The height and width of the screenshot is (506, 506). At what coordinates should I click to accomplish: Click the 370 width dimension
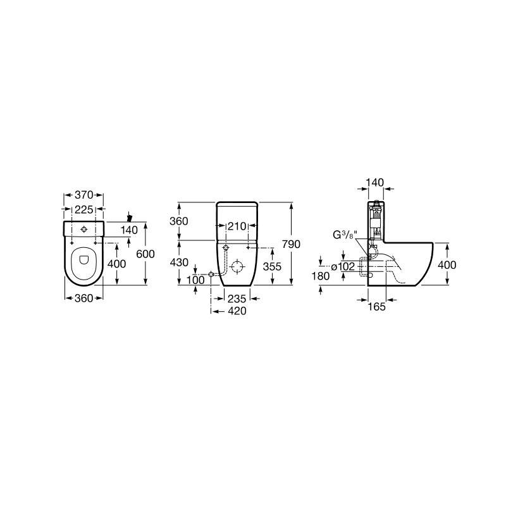coord(84,195)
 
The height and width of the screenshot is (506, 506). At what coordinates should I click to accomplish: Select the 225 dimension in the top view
coord(84,209)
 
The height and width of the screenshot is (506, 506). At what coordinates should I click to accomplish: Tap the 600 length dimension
coord(145,254)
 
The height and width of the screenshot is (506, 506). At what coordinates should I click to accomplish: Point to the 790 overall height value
coord(291,244)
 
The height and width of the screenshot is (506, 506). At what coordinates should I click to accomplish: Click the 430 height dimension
coord(179,262)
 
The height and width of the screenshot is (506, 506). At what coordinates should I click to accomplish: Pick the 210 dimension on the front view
coord(237,226)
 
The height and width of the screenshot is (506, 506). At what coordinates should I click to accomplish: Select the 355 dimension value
coord(272,266)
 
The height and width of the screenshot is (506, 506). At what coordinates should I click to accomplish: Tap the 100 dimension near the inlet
coord(195,280)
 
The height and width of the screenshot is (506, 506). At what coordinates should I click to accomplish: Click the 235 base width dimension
coord(237,299)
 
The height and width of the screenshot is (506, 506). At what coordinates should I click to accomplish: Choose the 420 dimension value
coord(237,311)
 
